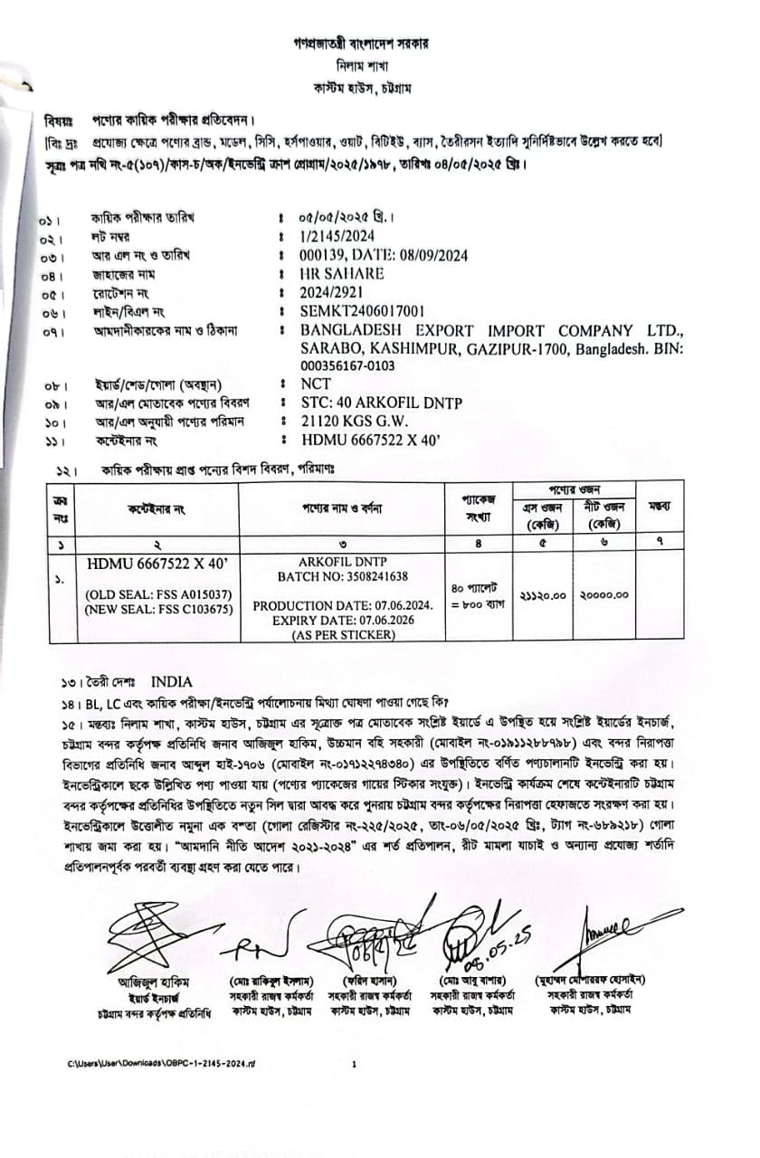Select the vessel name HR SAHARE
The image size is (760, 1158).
pyautogui.click(x=342, y=273)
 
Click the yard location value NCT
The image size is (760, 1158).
pyautogui.click(x=316, y=384)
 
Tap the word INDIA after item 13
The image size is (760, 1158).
pyautogui.click(x=172, y=680)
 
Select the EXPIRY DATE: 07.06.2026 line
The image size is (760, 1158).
pyautogui.click(x=343, y=620)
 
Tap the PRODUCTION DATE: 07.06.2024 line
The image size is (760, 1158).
pyautogui.click(x=343, y=605)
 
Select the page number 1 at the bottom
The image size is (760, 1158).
pyautogui.click(x=354, y=1064)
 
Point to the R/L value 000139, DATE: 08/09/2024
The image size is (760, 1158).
pyautogui.click(x=384, y=255)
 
